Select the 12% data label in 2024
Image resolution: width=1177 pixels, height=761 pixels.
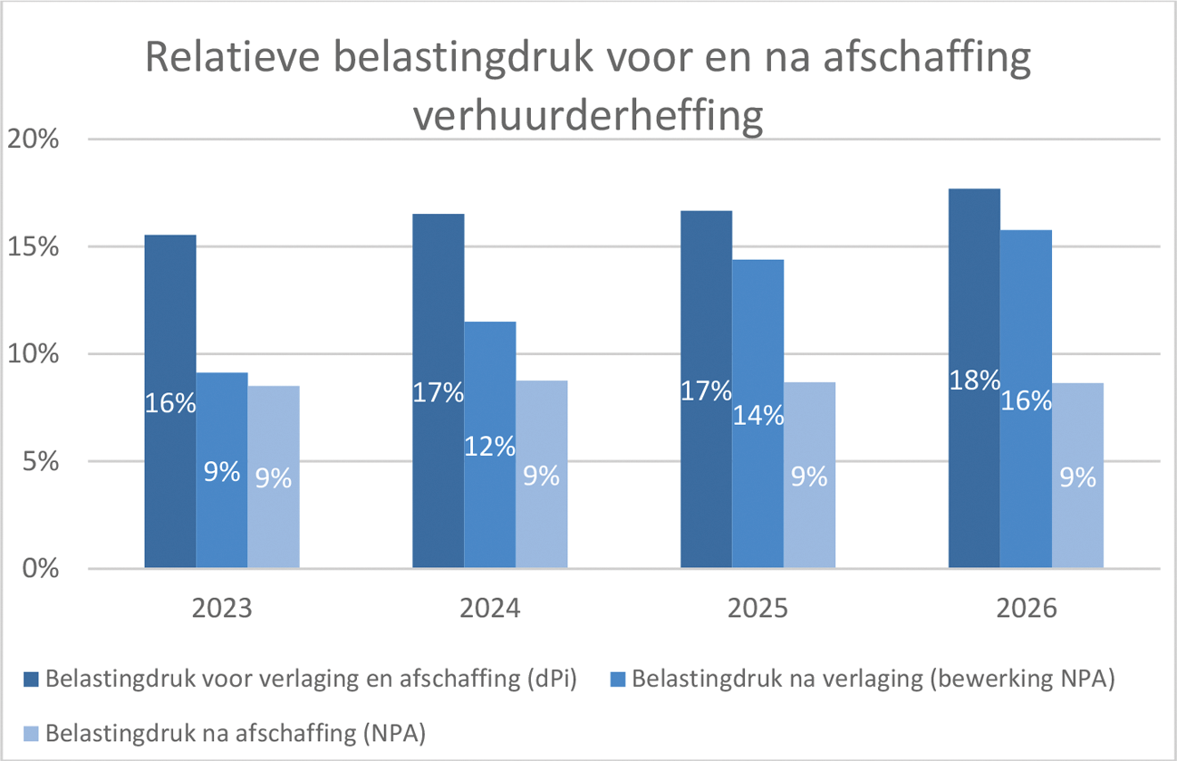point(490,446)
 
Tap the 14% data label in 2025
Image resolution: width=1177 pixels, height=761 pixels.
point(759,415)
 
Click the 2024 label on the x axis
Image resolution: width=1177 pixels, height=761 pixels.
point(490,608)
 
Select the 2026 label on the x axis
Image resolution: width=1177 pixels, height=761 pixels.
point(1027,608)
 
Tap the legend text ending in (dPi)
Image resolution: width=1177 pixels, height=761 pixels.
point(313,679)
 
